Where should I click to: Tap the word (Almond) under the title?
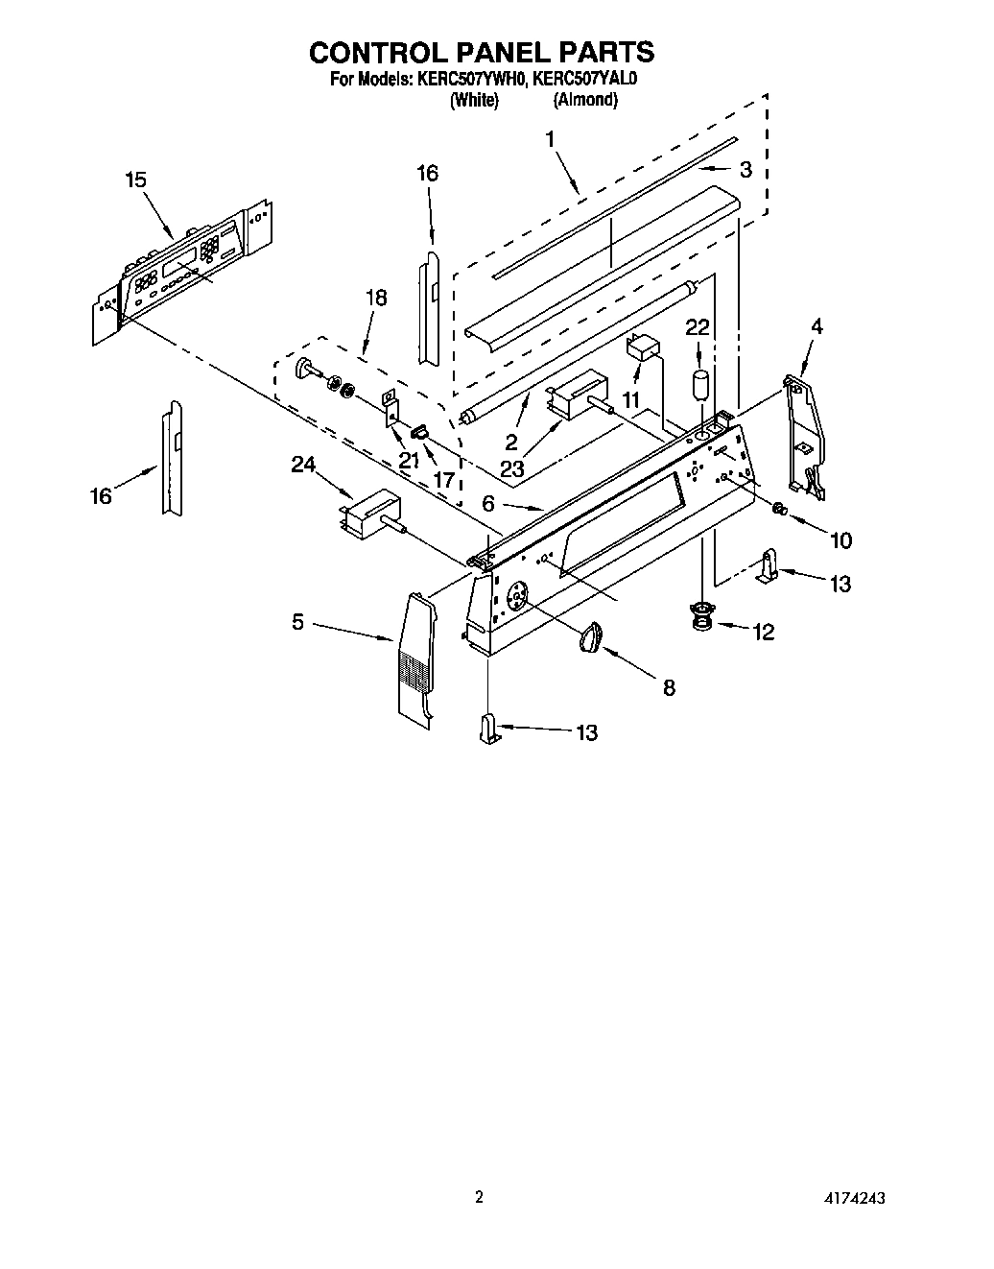584,100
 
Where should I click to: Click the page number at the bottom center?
479,1197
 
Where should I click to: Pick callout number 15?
135,179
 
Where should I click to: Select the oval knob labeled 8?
595,635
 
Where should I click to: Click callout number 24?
303,465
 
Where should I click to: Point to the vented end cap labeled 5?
415,658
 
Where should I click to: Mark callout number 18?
376,298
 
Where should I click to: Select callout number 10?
840,540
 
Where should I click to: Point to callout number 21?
410,460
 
